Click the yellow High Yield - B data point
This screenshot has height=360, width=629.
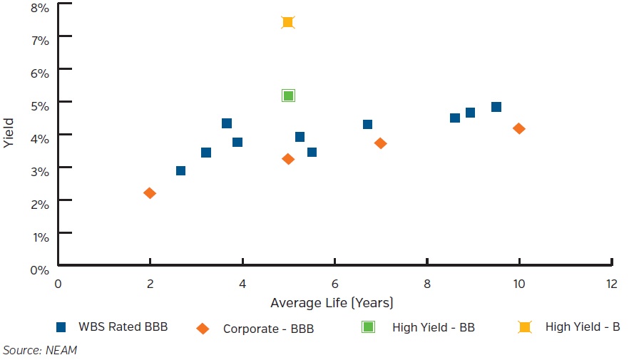point(288,22)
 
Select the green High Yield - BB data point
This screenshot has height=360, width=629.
point(288,96)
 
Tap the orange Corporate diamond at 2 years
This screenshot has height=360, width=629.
point(150,193)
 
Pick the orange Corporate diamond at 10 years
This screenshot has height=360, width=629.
point(518,128)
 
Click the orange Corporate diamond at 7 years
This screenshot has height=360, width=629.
point(380,143)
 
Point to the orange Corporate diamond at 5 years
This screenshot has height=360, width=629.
point(288,159)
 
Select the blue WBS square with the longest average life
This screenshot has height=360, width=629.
point(496,107)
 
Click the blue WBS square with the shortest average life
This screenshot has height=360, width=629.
point(180,170)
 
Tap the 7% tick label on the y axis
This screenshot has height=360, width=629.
point(39,40)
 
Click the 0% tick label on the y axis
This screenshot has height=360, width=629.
point(39,269)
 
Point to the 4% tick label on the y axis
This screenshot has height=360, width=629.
point(39,138)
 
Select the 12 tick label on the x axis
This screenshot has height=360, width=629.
point(610,283)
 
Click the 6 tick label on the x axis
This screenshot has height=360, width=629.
point(334,283)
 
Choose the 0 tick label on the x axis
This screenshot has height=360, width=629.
point(58,283)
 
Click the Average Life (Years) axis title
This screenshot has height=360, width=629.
point(332,303)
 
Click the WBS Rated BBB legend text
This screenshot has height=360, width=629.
point(123,328)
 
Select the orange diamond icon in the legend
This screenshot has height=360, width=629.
point(203,328)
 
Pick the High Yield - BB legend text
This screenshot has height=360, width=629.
point(433,328)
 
